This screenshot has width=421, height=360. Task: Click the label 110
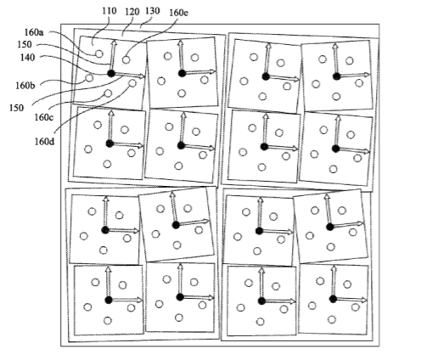[x=109, y=11]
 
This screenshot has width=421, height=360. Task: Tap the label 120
[x=132, y=12]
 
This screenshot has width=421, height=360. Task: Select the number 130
[x=153, y=11]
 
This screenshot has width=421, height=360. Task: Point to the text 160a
[x=34, y=32]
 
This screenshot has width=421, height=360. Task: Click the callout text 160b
[x=25, y=86]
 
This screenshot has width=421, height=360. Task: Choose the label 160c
[x=44, y=117]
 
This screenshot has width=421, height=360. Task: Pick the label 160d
[x=44, y=141]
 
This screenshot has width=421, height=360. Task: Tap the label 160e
[x=179, y=13]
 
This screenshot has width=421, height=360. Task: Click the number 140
[x=27, y=58]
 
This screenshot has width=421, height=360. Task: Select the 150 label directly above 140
[x=25, y=44]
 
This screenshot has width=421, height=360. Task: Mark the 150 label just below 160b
[x=16, y=108]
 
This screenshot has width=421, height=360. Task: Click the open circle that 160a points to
[x=98, y=53]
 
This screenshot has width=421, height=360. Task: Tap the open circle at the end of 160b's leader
[x=89, y=78]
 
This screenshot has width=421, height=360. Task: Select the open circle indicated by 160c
[x=108, y=93]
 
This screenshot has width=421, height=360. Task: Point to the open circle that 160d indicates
[x=132, y=83]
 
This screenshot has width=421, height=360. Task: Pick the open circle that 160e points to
[x=126, y=59]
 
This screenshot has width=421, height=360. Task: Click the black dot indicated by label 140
[x=111, y=74]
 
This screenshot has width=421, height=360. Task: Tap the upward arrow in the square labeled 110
[x=113, y=55]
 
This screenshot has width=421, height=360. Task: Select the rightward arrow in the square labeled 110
[x=130, y=75]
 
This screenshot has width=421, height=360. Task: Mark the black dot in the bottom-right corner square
[x=333, y=299]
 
